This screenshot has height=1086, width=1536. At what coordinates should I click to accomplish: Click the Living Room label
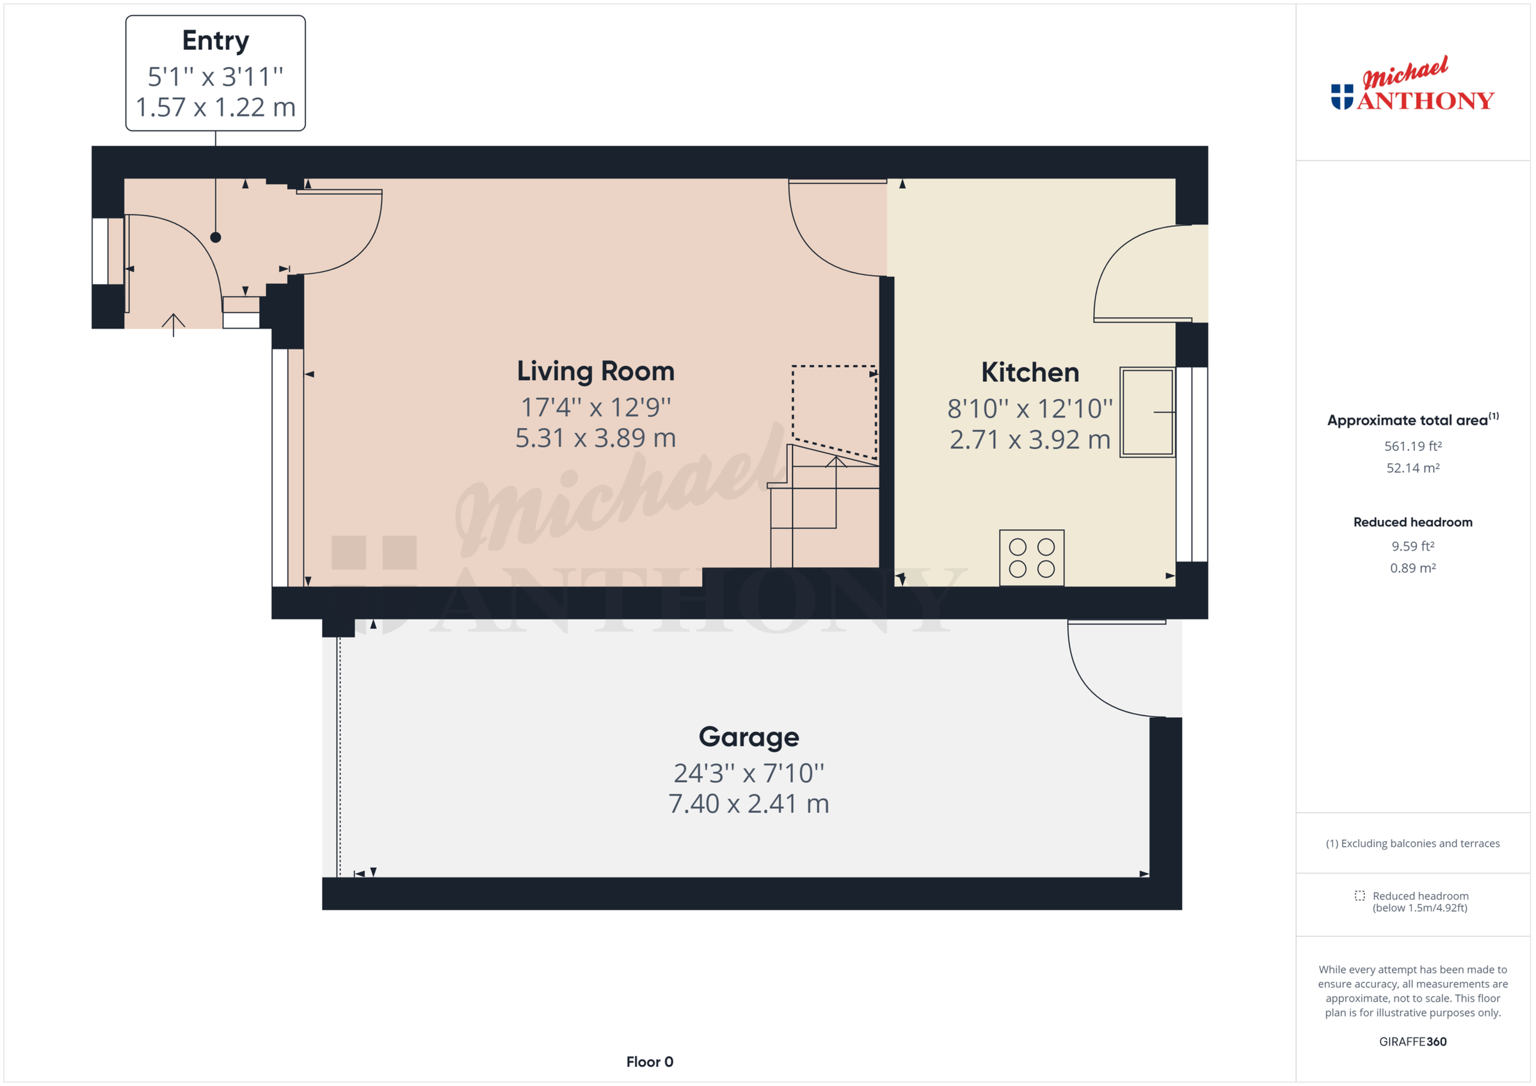click(595, 371)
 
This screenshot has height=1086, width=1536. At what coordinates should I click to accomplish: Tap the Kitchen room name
click(1030, 372)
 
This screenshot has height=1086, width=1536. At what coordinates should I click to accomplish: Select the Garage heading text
click(749, 737)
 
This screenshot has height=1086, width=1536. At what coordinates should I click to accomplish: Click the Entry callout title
click(216, 41)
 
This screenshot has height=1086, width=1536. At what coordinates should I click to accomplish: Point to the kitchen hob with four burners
click(1032, 558)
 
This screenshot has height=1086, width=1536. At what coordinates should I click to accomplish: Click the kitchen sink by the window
click(1147, 412)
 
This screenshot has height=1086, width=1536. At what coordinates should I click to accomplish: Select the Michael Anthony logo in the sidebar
click(1412, 85)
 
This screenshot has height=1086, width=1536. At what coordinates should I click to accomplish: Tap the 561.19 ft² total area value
click(1412, 446)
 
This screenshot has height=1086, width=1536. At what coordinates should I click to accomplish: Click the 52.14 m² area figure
click(1412, 468)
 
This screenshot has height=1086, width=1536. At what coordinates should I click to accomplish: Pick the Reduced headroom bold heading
click(1412, 523)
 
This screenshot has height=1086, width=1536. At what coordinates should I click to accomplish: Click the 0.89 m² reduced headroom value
click(1412, 569)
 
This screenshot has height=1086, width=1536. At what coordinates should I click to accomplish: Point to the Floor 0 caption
click(650, 1062)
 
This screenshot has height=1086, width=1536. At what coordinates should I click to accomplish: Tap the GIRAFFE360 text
click(1412, 1042)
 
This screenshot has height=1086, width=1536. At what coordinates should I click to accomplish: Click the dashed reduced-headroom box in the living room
click(833, 409)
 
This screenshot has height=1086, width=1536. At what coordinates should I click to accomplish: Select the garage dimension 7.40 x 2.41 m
click(749, 804)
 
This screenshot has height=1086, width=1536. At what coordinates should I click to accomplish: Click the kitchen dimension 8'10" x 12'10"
click(1030, 409)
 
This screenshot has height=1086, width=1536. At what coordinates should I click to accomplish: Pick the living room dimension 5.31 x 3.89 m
click(595, 438)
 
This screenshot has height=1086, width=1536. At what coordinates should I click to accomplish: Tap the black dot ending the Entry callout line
click(216, 237)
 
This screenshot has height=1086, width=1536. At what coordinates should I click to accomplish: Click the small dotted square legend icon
click(1359, 896)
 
